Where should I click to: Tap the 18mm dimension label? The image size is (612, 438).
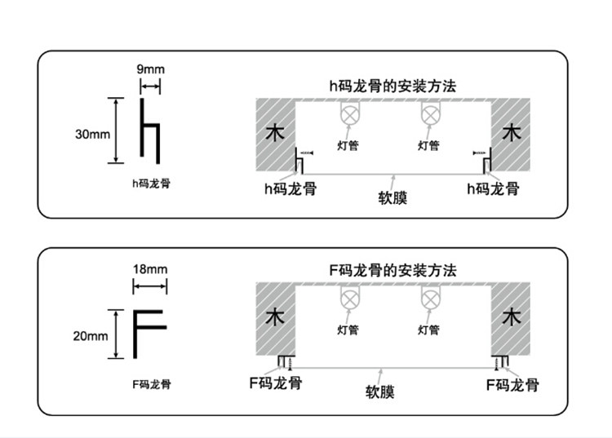point(150,269)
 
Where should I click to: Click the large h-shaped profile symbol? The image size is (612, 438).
point(149,130)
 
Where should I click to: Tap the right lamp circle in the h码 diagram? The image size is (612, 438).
point(429,114)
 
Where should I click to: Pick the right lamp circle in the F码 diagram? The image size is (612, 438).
point(429,299)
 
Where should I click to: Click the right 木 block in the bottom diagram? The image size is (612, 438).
point(511,316)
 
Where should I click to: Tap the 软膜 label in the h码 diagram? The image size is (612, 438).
point(393,198)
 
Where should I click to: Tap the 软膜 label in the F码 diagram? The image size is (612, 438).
point(380,392)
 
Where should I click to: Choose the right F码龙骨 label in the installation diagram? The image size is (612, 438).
point(512,383)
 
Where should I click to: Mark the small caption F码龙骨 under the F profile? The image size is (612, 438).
point(151,383)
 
